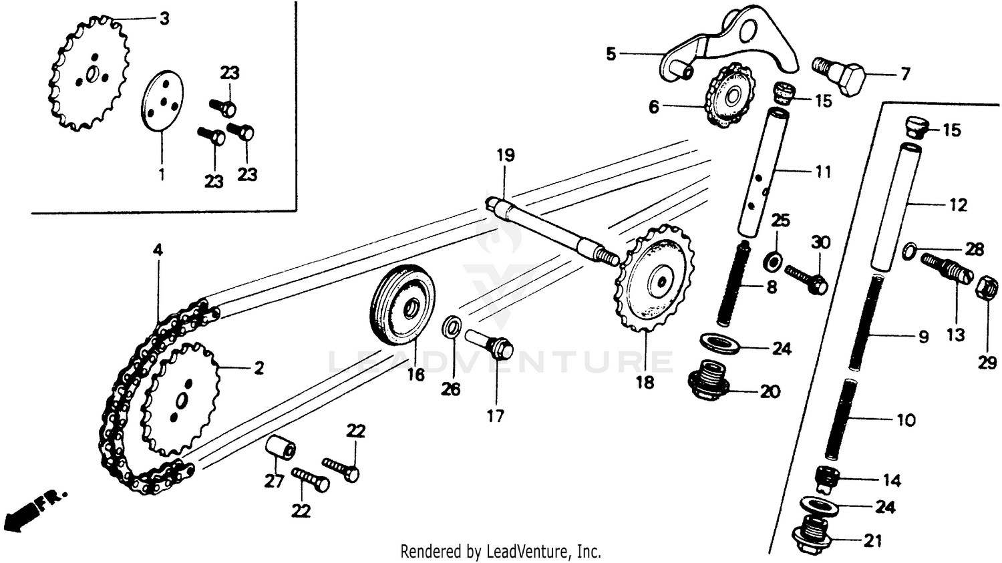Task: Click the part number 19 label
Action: click(506, 156)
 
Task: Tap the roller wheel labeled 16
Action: click(402, 305)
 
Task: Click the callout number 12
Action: click(957, 205)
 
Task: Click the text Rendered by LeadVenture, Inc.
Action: click(500, 552)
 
